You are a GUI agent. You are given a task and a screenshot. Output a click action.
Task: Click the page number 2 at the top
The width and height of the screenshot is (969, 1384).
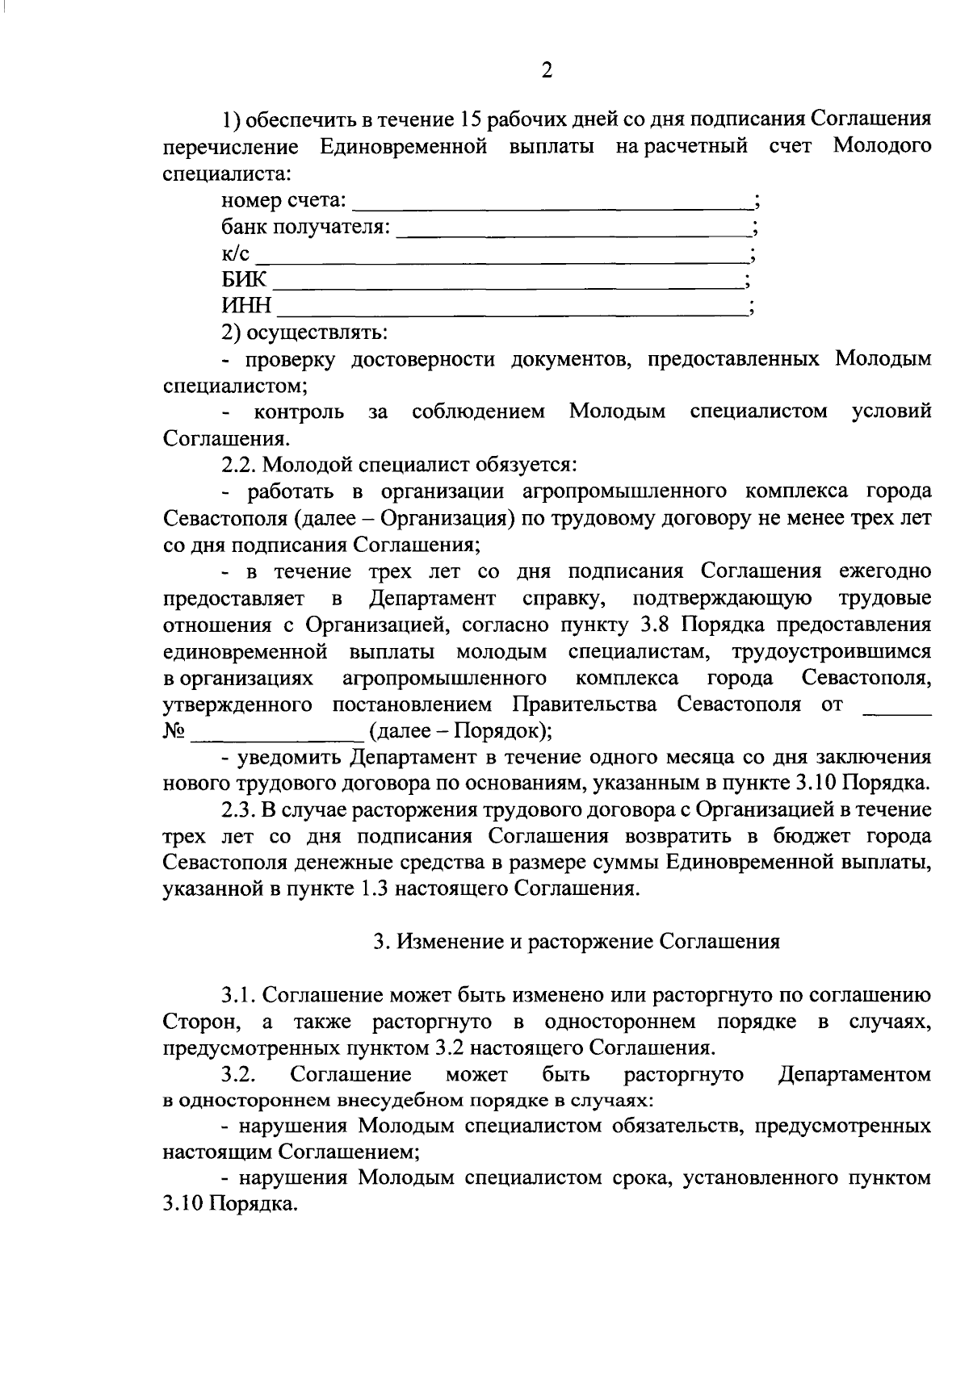pyautogui.click(x=547, y=71)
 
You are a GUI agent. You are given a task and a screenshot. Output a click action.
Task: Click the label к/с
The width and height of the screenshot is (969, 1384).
pyautogui.click(x=236, y=255)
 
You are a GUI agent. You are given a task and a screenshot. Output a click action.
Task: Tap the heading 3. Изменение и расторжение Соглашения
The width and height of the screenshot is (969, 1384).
pyautogui.click(x=577, y=942)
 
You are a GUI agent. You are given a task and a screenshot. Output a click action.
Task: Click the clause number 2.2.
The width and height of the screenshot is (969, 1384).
pyautogui.click(x=240, y=465)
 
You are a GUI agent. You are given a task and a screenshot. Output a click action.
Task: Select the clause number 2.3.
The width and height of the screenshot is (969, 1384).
pyautogui.click(x=240, y=809)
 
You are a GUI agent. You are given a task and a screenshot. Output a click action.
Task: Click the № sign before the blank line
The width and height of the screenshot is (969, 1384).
pyautogui.click(x=174, y=731)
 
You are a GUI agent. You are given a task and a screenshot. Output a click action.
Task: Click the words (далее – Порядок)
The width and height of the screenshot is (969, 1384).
pyautogui.click(x=460, y=731)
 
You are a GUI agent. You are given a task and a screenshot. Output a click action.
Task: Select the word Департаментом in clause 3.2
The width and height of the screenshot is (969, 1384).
pyautogui.click(x=854, y=1075)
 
